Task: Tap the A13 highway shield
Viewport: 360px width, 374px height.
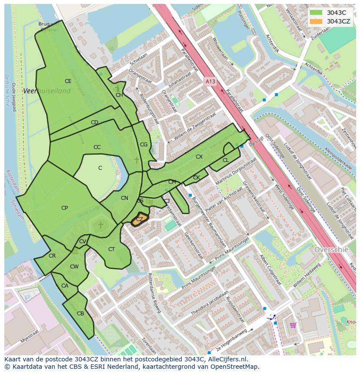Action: [210, 81]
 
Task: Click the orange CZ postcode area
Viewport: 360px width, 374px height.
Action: [140, 219]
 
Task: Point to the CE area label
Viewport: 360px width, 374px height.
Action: [68, 81]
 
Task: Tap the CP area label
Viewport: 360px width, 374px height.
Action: [64, 208]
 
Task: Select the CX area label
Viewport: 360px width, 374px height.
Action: [199, 157]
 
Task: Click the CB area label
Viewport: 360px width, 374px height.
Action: [80, 314]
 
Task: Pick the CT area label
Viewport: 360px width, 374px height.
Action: [111, 249]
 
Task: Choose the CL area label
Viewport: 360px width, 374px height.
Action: [225, 160]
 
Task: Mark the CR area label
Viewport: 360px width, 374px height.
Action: [52, 256]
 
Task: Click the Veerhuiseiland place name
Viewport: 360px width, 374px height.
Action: [47, 91]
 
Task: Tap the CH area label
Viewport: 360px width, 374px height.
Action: [119, 95]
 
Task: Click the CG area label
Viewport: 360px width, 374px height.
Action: [143, 145]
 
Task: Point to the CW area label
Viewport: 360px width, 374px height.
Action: [74, 267]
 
